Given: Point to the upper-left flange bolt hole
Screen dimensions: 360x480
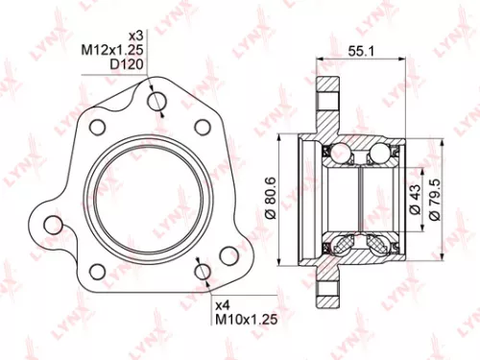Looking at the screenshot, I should pyautogui.click(x=96, y=127).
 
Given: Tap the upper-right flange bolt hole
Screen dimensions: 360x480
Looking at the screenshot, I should pyautogui.click(x=202, y=126).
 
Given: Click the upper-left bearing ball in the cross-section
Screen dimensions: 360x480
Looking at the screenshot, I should pyautogui.click(x=339, y=152).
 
